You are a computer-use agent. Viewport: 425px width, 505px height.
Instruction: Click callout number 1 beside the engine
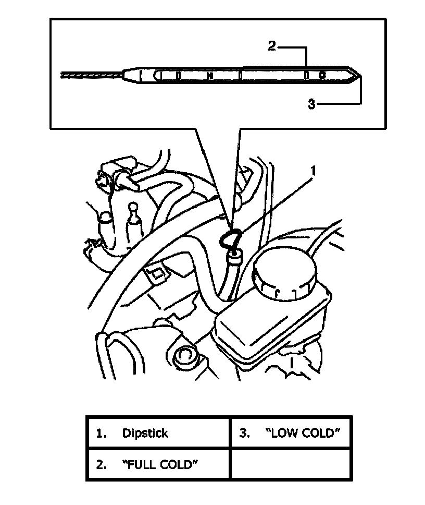[x=313, y=170]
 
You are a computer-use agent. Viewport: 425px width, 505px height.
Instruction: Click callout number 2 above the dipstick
[x=271, y=46]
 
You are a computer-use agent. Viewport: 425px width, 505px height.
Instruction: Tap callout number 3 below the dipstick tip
[x=311, y=104]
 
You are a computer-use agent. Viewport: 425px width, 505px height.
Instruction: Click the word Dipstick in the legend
[x=145, y=433]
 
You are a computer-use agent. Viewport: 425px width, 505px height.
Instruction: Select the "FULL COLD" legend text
[x=161, y=464]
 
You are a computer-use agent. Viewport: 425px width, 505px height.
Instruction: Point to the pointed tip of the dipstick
[x=358, y=75]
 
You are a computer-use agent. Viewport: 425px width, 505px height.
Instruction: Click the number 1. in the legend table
[x=102, y=433]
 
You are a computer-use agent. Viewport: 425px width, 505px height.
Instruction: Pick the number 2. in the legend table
[x=102, y=464]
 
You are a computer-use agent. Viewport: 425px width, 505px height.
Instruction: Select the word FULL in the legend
[x=141, y=464]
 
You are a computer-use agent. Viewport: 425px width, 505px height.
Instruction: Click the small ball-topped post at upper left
[x=133, y=207]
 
